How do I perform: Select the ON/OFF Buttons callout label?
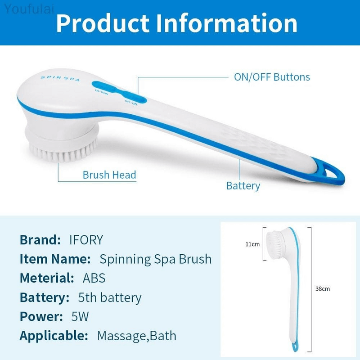click(272, 77)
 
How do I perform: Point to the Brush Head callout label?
click(109, 175)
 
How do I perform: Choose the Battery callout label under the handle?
click(243, 185)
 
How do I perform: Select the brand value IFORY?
click(86, 239)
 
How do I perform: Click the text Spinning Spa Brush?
click(155, 259)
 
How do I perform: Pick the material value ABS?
click(94, 278)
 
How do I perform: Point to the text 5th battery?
click(110, 297)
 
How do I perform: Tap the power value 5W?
click(80, 316)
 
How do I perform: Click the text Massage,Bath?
click(136, 336)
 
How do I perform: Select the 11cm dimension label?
click(252, 244)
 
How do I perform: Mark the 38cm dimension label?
click(322, 288)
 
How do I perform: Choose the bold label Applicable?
click(54, 336)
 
